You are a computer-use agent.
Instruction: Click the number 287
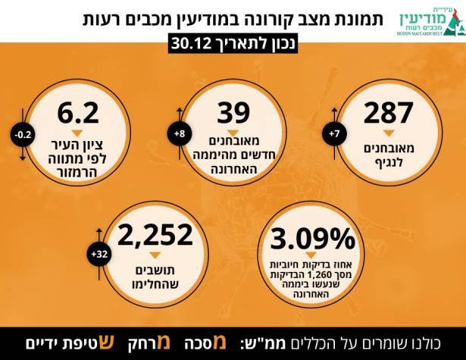(388, 113)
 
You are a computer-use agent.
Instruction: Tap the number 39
(233, 113)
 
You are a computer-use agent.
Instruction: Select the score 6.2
(79, 113)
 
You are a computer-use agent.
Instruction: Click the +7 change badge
(333, 134)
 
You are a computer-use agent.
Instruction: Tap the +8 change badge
(179, 134)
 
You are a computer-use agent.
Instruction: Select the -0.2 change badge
(23, 134)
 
